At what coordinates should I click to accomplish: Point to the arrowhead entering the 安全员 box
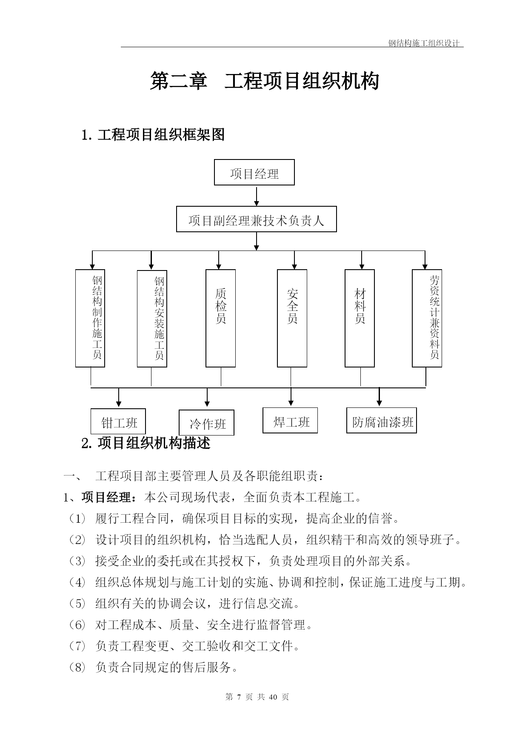294,266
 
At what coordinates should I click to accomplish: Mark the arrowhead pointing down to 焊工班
291,402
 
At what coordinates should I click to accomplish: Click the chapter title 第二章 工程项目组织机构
264,81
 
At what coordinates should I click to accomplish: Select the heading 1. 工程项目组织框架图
153,135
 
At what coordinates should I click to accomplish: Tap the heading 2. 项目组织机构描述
146,443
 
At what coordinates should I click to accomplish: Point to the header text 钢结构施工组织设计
424,43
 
